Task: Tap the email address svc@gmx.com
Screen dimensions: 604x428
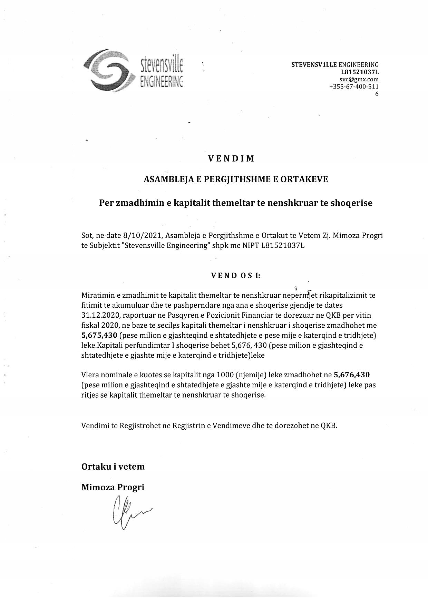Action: click(359, 79)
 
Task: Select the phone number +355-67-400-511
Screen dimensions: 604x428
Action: click(354, 86)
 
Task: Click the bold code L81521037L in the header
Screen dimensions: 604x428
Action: click(360, 72)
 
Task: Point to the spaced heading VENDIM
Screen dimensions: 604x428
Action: click(231, 158)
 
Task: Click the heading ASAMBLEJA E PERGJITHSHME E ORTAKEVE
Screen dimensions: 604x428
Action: click(236, 180)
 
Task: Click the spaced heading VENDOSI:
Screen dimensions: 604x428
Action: click(236, 276)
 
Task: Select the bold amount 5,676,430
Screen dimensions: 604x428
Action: click(352, 375)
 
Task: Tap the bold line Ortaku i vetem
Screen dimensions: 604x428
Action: click(113, 467)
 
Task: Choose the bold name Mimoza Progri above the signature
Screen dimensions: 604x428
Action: click(113, 487)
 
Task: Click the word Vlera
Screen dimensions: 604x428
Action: click(90, 375)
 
